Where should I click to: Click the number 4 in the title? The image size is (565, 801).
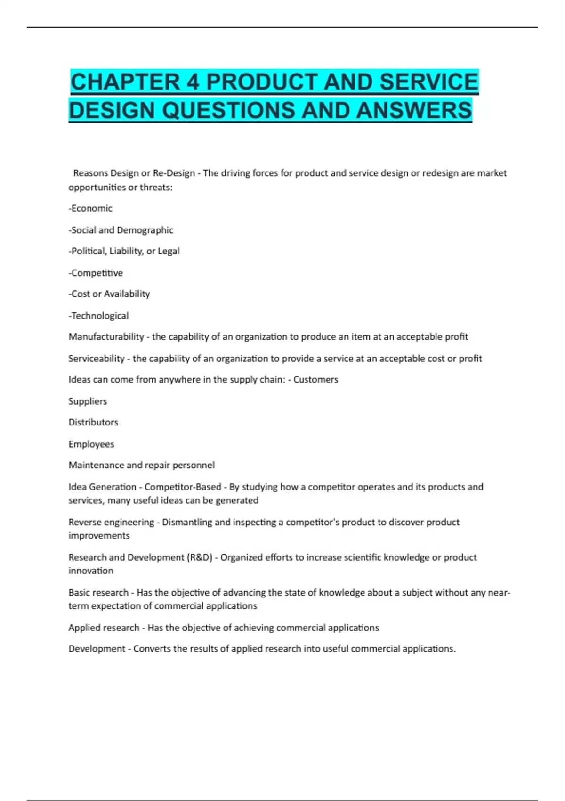(x=193, y=82)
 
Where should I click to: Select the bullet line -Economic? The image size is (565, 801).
(x=90, y=208)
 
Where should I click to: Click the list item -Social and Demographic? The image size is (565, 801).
(x=121, y=230)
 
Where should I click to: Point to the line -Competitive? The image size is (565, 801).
(x=96, y=273)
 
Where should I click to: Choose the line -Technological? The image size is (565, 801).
(x=98, y=316)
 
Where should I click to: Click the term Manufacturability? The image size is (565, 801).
(x=106, y=336)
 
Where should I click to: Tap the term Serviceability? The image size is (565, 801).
(x=97, y=359)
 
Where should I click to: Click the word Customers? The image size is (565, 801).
(x=315, y=380)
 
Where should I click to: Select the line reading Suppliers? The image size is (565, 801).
(x=88, y=401)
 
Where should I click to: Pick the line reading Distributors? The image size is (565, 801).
(x=93, y=422)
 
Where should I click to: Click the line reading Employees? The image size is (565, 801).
(x=91, y=444)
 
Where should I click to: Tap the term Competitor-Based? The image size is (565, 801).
(x=183, y=487)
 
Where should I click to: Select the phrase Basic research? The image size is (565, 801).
(x=98, y=592)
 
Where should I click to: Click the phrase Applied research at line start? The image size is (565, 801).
(x=104, y=628)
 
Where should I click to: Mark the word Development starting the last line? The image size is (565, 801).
(x=97, y=649)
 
